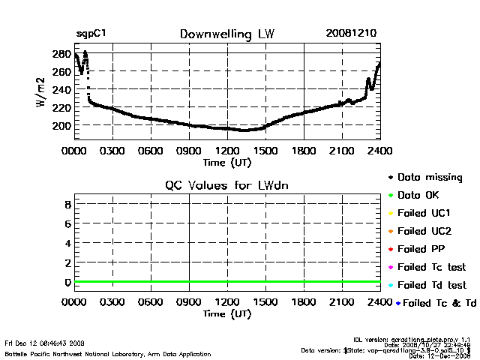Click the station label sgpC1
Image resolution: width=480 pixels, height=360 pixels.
91,34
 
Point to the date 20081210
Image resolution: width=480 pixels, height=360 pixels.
351,34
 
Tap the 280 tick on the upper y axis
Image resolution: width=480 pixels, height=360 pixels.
61,54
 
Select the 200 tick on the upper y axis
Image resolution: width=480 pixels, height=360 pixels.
61,125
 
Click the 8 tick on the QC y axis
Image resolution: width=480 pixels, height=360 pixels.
67,204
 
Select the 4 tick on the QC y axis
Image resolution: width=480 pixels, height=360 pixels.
67,243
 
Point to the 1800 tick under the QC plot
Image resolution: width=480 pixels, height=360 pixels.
304,303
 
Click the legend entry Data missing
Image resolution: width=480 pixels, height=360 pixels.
430,178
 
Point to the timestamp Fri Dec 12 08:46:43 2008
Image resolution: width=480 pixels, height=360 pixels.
45,342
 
